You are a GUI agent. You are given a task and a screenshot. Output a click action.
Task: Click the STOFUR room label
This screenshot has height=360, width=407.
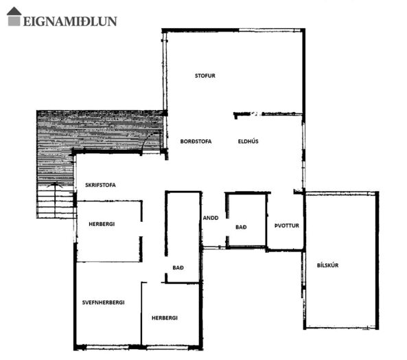[x=205, y=76]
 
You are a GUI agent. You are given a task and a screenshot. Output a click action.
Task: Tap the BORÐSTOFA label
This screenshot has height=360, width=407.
[x=196, y=142]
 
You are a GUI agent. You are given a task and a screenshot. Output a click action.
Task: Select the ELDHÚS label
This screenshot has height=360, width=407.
[x=248, y=142]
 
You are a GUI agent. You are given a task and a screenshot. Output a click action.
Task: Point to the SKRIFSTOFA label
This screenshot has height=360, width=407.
[x=100, y=185]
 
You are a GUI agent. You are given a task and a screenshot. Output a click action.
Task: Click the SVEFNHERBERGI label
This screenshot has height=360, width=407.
[x=104, y=302]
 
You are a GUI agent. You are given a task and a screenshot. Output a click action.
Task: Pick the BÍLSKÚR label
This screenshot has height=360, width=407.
[x=327, y=265]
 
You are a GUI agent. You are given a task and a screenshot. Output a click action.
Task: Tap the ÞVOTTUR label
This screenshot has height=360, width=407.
[x=287, y=226]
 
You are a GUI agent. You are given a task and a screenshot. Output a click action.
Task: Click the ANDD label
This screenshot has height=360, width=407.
[x=211, y=218]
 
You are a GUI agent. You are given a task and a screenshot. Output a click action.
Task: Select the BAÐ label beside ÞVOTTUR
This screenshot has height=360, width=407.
[x=241, y=227]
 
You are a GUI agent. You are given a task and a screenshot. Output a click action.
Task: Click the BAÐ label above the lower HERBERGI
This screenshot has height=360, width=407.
[x=178, y=267]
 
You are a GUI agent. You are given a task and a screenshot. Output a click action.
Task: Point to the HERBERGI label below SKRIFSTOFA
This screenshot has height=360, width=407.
[x=102, y=224]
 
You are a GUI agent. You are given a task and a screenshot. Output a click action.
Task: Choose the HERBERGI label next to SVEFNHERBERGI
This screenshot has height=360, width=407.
[x=165, y=318]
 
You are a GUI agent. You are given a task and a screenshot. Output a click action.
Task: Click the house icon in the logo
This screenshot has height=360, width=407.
[x=14, y=16]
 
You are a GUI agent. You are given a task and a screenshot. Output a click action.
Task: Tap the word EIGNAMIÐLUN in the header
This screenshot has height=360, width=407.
[x=70, y=21]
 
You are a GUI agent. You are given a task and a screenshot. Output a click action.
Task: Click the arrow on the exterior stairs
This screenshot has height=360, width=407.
[x=55, y=200]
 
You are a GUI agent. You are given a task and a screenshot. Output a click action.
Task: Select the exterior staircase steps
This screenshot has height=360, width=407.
[x=56, y=201]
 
